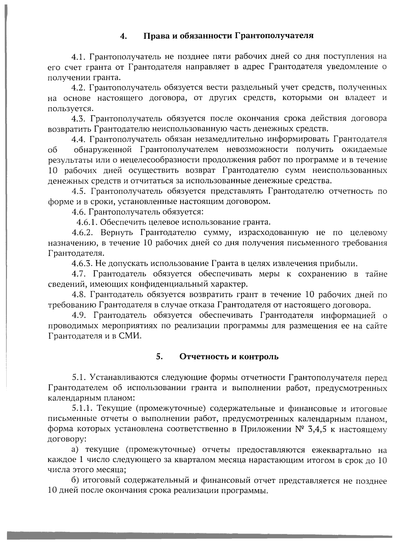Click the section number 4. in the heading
[123, 36]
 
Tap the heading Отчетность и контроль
[229, 357]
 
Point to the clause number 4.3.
[79, 118]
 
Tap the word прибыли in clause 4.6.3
[342, 263]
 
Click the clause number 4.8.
[79, 294]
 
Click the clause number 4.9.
[79, 315]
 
